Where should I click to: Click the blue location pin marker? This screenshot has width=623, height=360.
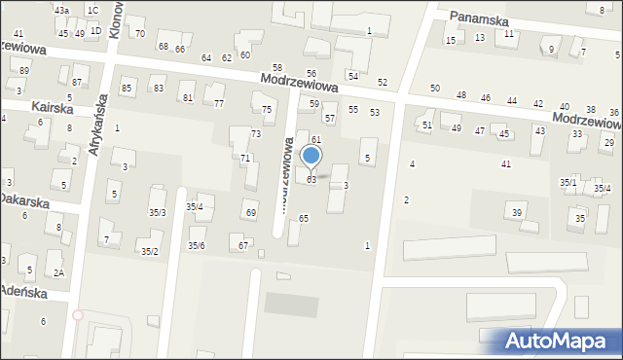pos(311,156)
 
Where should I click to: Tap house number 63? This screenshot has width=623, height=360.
pos(311,180)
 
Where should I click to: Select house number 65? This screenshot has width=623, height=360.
pos(304,218)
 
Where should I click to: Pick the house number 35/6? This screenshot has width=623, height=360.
pos(197,245)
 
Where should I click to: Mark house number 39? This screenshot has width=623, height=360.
pos(517,212)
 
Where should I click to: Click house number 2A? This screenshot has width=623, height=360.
pos(58,272)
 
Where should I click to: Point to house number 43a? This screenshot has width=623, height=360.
pos(62,10)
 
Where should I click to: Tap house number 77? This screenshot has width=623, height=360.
pos(219,103)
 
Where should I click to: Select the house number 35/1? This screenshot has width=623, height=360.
pos(568,182)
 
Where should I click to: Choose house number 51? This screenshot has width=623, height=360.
pos(426,126)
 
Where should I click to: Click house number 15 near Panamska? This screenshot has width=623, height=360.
pos(450,40)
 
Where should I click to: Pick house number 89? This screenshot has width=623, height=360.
pos(23,71)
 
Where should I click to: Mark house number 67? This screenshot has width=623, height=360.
pos(243,245)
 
